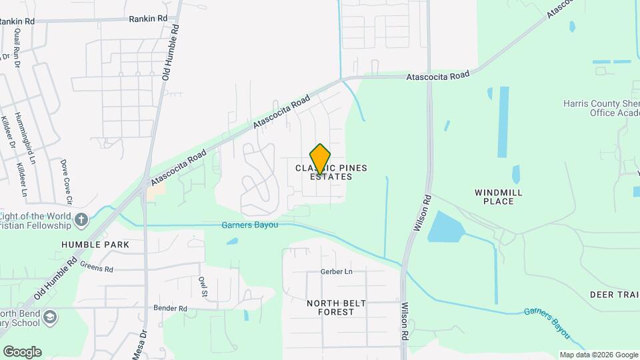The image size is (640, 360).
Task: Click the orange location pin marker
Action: coord(321,159)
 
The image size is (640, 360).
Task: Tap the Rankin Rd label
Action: coord(148,19)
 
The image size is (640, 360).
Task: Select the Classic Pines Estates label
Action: coord(331,172)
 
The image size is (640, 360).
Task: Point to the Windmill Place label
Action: coord(498,197)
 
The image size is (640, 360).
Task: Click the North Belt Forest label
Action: coord(336,307)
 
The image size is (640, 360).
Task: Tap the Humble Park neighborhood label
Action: coord(95,245)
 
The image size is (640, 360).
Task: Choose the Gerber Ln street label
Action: coord(336,272)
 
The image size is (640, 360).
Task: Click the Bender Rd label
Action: coord(170,309)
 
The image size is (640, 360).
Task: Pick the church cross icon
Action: coord(81,219)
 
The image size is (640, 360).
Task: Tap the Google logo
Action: coord(21,352)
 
